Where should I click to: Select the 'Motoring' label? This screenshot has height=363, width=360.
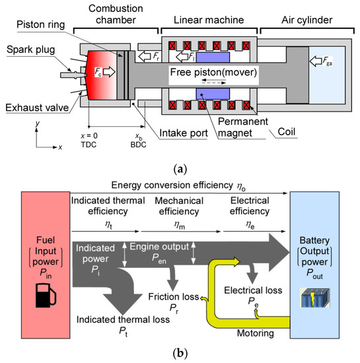(252, 335)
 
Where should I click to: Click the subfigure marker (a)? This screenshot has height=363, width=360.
(179, 169)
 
